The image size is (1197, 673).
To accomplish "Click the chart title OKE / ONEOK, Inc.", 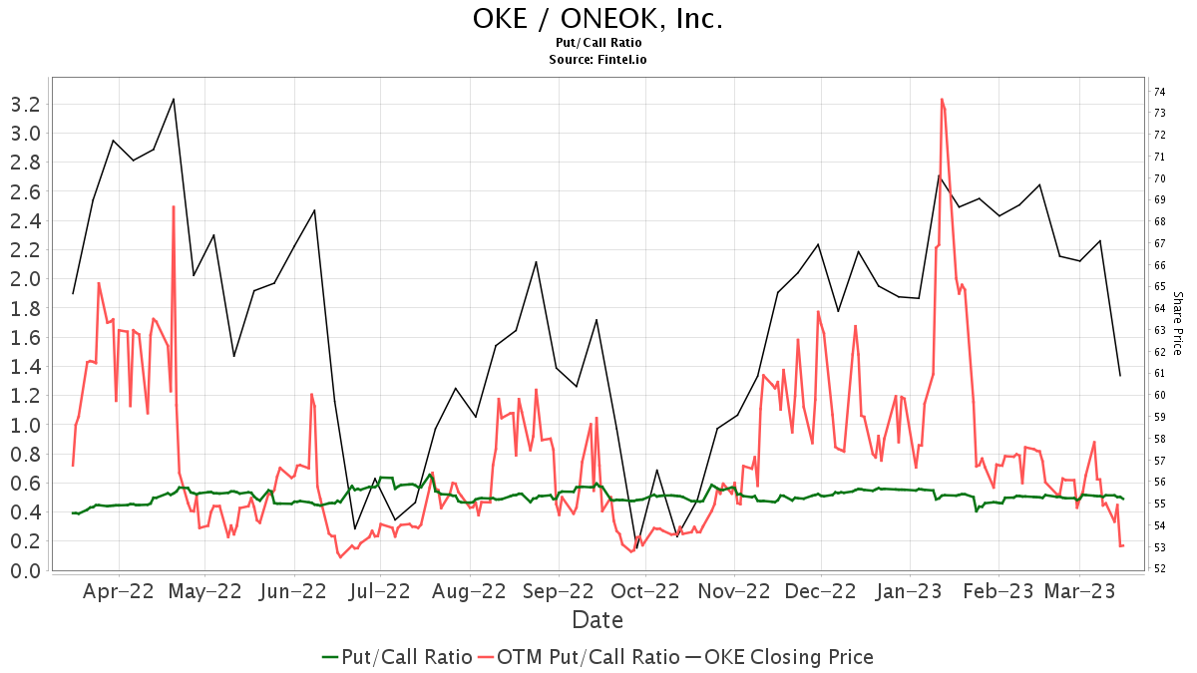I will tap(598, 19).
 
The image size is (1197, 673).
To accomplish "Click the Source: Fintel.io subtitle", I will tap(598, 60).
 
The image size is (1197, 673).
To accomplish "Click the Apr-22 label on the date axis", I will tap(119, 590).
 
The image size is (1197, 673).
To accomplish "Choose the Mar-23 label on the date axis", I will tap(1079, 590).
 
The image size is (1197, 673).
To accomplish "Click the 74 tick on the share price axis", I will tap(1160, 92).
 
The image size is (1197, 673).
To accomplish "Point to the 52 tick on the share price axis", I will tap(1160, 568).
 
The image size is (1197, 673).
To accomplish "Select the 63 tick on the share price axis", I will tap(1160, 330).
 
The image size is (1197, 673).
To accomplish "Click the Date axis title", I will tap(598, 620).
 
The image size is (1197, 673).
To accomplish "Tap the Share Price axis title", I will tap(1177, 323).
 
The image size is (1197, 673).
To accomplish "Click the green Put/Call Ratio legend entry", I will tap(397, 657).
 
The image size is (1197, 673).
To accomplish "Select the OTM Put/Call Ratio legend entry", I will tap(579, 657).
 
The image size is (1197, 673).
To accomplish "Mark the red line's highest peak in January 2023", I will tap(942, 99).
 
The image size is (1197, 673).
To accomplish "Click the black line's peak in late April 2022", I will tap(174, 99).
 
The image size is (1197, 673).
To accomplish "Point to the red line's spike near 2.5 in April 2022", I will tap(174, 206).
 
